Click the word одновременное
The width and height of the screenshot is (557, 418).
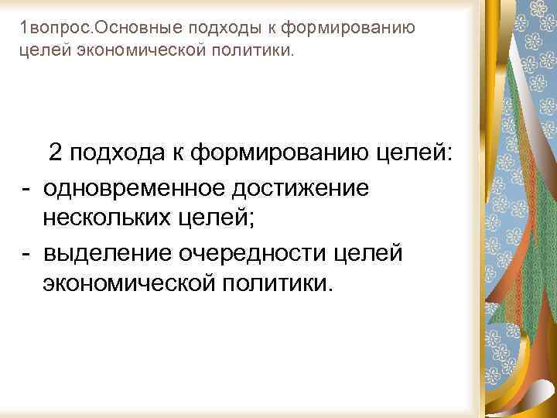tap(142, 187)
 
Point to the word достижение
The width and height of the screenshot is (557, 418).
tap(307, 187)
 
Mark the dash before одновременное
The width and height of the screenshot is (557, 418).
tap(26, 187)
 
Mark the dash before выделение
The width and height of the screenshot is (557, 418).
tap(26, 252)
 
